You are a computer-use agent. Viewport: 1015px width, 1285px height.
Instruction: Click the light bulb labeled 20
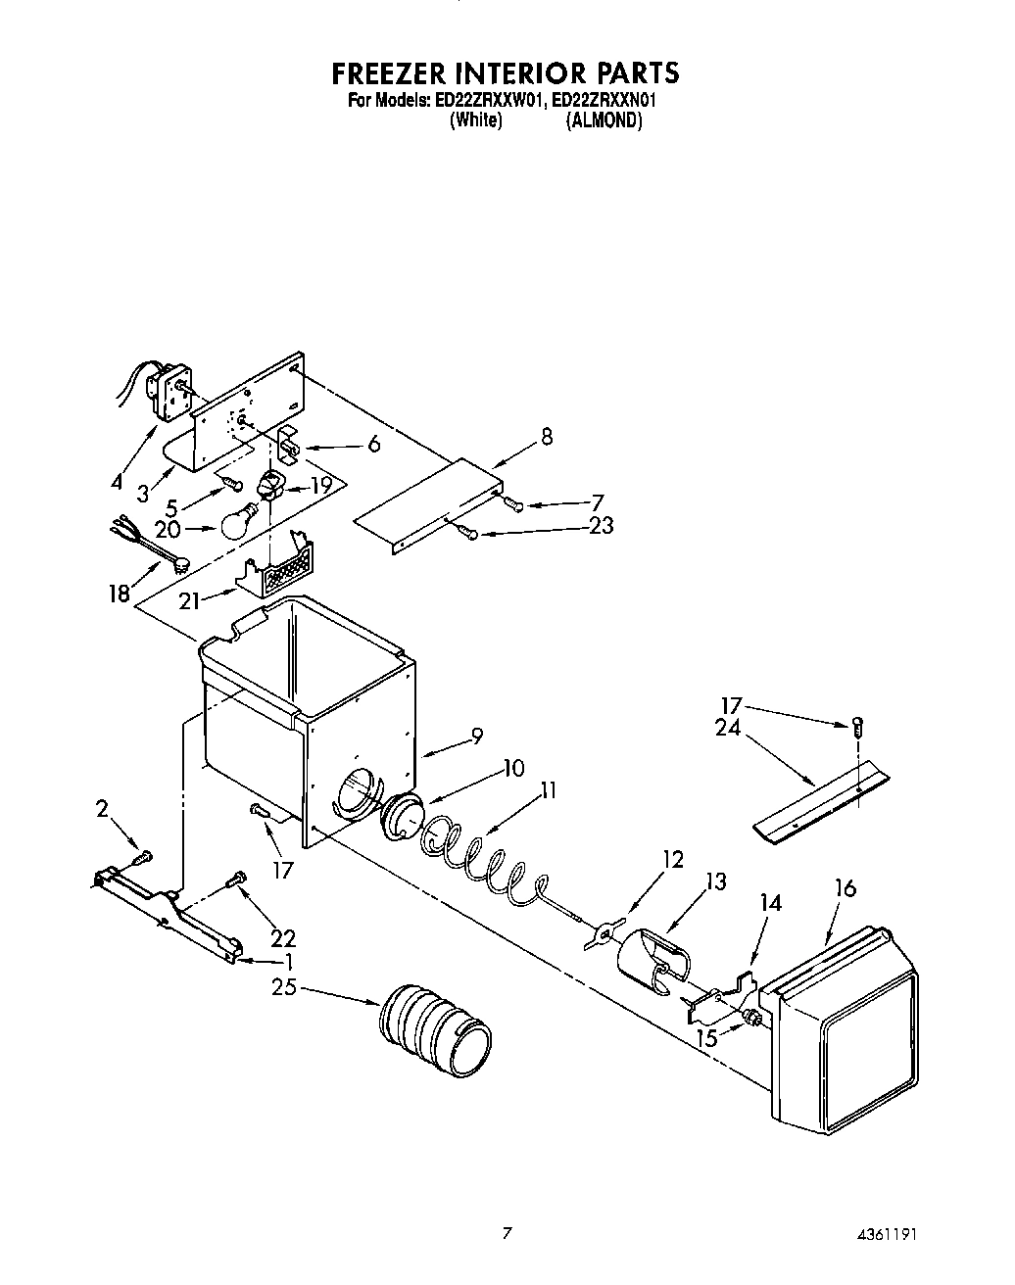[x=238, y=522]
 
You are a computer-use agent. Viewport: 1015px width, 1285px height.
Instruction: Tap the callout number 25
[x=285, y=987]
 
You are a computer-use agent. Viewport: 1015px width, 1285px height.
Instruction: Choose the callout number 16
[x=845, y=888]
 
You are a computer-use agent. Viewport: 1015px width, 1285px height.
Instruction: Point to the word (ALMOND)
[x=604, y=120]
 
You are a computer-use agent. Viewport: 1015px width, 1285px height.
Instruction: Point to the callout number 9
[x=476, y=738]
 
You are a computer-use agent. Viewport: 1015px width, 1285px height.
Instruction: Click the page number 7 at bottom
[x=507, y=1233]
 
